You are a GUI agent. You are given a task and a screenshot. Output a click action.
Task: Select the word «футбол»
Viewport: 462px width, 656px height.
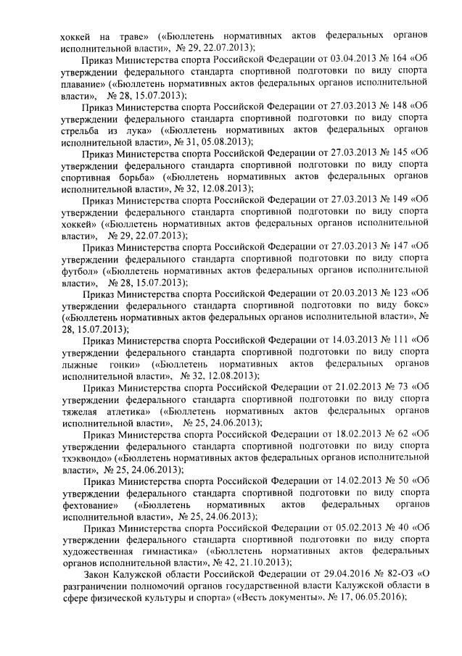[x=78, y=271]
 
